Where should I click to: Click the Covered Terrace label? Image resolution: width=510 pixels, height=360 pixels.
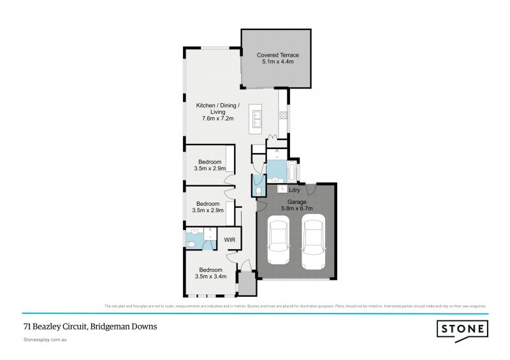(277, 55)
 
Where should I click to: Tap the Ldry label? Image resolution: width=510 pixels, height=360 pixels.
(295, 190)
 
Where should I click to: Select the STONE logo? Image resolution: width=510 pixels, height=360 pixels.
(463, 329)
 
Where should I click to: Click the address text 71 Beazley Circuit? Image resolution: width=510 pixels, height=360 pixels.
(89, 327)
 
